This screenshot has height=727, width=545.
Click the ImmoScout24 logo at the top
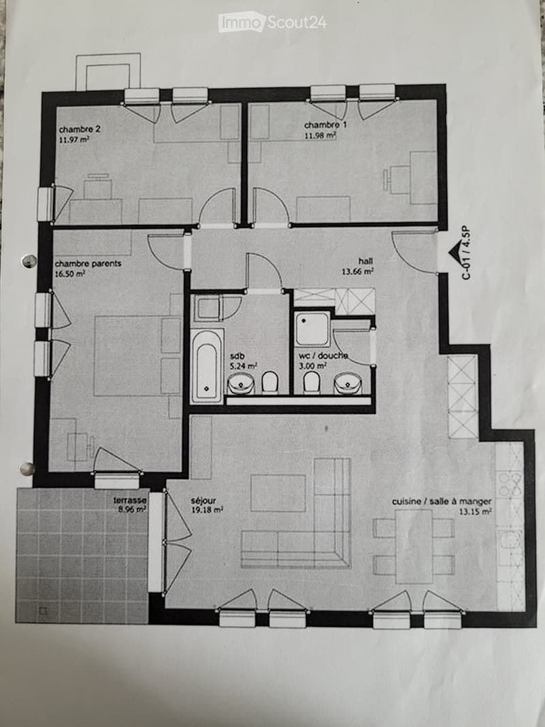pyautogui.click(x=272, y=23)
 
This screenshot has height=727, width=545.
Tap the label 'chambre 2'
pyautogui.click(x=79, y=130)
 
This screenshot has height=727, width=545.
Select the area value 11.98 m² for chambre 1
pyautogui.click(x=320, y=136)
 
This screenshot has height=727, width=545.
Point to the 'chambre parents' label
pyautogui.click(x=88, y=263)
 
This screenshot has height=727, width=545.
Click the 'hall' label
pyautogui.click(x=365, y=261)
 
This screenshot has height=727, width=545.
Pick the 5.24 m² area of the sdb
pyautogui.click(x=243, y=366)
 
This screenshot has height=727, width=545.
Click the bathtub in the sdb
pyautogui.click(x=207, y=366)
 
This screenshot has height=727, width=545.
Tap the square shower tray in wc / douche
pyautogui.click(x=312, y=329)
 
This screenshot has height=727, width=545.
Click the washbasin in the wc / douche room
pyautogui.click(x=347, y=384)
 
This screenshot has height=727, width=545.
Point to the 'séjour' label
pyautogui.click(x=203, y=501)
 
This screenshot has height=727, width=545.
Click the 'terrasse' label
pyautogui.click(x=130, y=501)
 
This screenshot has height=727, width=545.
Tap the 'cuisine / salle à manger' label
pyautogui.click(x=441, y=501)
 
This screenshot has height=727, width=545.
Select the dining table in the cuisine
pyautogui.click(x=414, y=547)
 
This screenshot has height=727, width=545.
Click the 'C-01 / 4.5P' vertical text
pyautogui.click(x=466, y=253)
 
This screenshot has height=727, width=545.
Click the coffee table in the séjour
pyautogui.click(x=278, y=493)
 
